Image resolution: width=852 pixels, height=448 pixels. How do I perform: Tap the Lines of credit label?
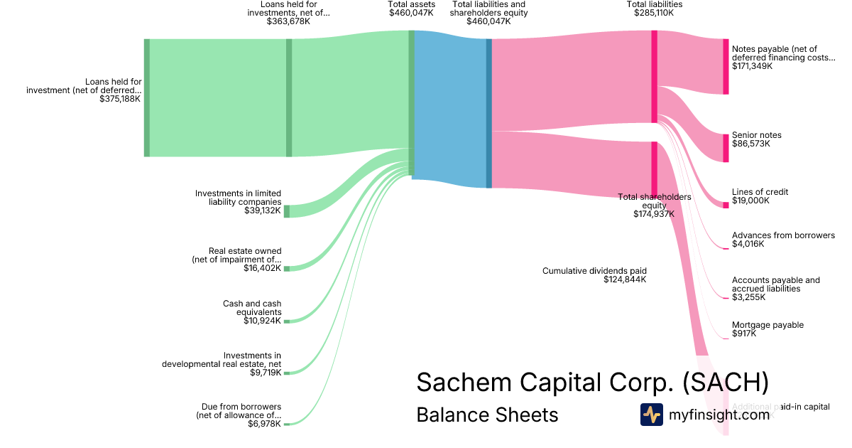tap(760, 192)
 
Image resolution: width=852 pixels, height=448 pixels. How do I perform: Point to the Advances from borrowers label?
tap(783, 235)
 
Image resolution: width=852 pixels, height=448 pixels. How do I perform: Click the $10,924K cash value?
tap(262, 321)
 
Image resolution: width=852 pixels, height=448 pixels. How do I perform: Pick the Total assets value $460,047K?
tap(411, 13)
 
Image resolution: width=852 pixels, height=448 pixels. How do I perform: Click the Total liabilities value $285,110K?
tap(654, 13)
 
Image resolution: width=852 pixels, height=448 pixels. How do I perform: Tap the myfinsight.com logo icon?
tap(651, 415)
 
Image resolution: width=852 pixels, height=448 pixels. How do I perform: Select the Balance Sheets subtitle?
tap(487, 415)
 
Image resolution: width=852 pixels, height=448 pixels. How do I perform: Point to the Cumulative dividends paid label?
tap(594, 271)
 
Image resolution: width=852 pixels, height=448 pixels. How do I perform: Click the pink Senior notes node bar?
tap(726, 148)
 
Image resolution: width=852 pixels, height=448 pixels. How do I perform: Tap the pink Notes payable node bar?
tap(726, 67)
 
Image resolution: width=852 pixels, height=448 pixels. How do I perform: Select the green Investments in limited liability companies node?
tap(287, 211)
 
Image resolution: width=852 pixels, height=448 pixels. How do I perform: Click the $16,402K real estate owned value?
tap(262, 268)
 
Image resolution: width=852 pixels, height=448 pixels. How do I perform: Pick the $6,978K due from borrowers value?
tap(264, 424)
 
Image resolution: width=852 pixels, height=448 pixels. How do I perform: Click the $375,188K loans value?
tap(120, 99)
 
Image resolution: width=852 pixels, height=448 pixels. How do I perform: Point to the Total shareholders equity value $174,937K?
tap(654, 213)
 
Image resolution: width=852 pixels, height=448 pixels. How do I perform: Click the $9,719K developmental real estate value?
tap(264, 372)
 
